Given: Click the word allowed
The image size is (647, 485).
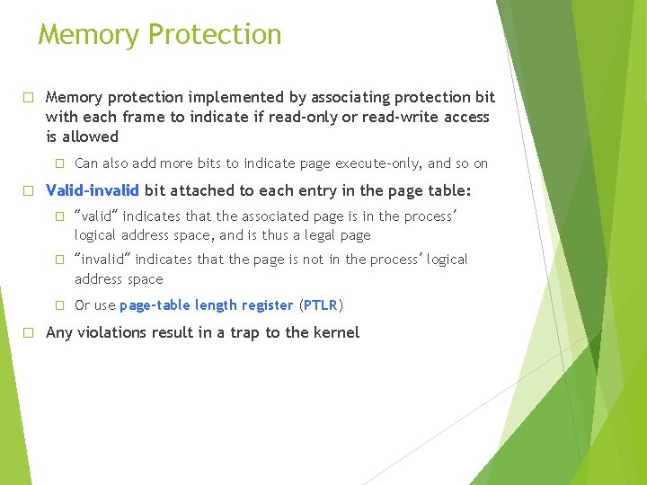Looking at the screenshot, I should (x=91, y=137).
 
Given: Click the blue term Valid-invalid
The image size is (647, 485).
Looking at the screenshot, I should (x=93, y=190).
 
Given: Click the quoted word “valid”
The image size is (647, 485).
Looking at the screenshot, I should (x=98, y=216).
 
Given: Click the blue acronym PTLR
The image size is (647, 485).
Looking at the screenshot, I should (x=321, y=305).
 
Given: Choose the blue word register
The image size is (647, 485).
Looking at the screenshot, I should (x=265, y=305).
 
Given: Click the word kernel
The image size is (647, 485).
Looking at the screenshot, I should (x=335, y=332).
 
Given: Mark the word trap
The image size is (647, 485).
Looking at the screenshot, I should (x=246, y=332).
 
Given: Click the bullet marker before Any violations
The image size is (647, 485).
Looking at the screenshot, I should (x=28, y=332).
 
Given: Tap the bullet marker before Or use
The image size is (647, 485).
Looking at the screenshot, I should (x=59, y=305).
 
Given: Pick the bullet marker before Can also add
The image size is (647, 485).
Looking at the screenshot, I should (x=59, y=163).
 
